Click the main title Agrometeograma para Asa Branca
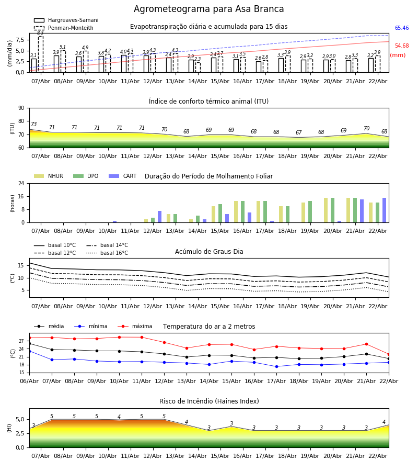click(x=209, y=9)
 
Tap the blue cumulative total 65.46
click(x=401, y=28)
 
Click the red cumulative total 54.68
click(x=401, y=46)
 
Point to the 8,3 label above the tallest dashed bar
click(x=40, y=32)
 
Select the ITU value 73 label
click(x=33, y=125)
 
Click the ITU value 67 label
click(x=298, y=133)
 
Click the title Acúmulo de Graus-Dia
click(x=209, y=252)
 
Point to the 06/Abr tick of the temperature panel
click(x=29, y=382)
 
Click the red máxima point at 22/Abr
click(x=389, y=354)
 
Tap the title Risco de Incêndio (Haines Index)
click(x=209, y=401)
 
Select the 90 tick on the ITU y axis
click(x=21, y=108)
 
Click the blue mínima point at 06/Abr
click(x=29, y=351)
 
